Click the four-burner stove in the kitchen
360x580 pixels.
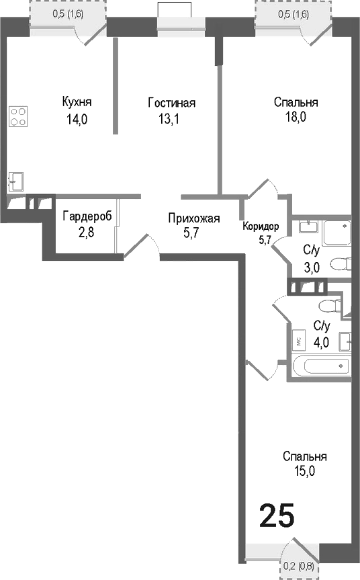[x=18, y=117]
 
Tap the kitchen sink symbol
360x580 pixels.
[x=15, y=181]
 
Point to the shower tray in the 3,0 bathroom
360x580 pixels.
[x=336, y=233]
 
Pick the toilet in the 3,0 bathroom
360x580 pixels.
[x=341, y=264]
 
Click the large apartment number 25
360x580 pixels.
[x=277, y=516]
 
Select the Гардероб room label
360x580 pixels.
[x=87, y=216]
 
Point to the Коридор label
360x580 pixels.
[x=261, y=226]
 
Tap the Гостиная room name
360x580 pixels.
[x=171, y=103]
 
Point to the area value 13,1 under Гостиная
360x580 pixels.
[x=171, y=119]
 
